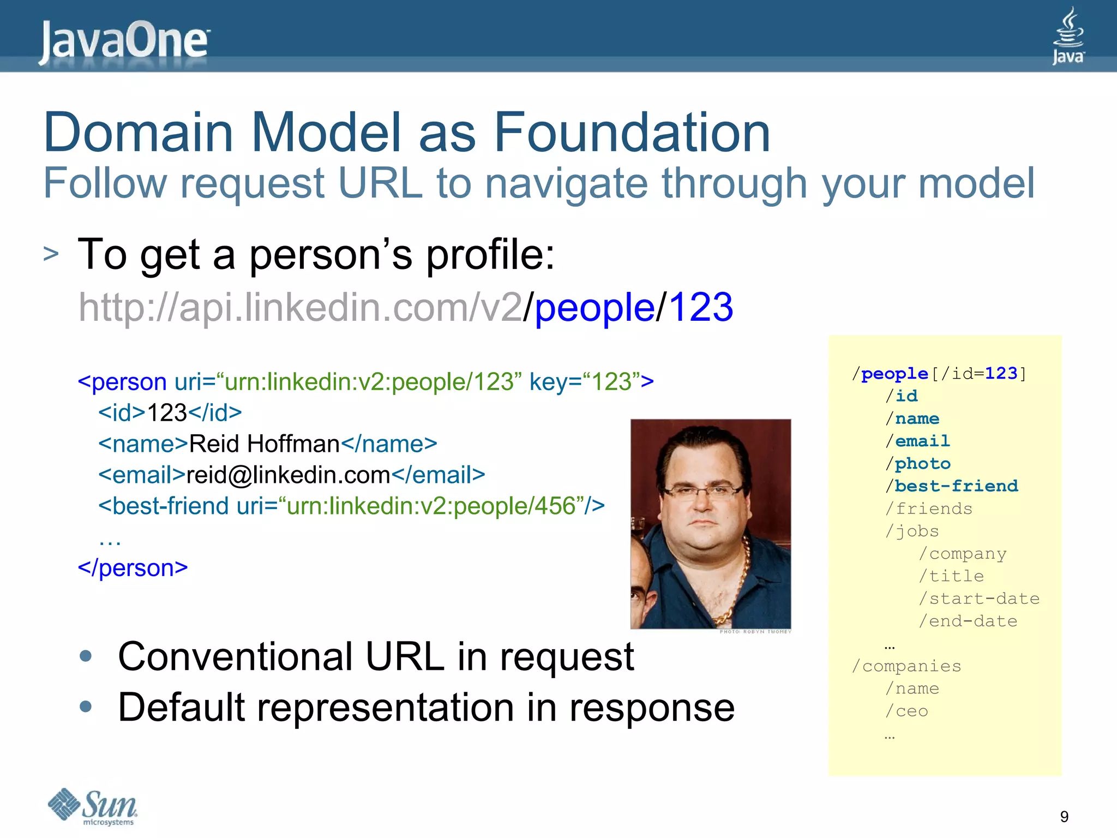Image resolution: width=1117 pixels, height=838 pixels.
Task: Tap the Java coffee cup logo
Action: pyautogui.click(x=1068, y=35)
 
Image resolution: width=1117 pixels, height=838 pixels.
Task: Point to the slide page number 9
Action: pyautogui.click(x=1064, y=816)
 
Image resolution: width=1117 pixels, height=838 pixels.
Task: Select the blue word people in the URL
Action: pyautogui.click(x=594, y=307)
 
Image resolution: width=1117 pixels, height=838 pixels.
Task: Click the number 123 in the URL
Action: pyautogui.click(x=700, y=307)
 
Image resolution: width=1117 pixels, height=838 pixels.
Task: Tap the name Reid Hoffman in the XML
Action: pyautogui.click(x=265, y=444)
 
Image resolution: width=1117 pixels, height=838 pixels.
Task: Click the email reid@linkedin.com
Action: pyautogui.click(x=289, y=475)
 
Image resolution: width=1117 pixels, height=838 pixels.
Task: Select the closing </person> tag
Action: pyautogui.click(x=133, y=568)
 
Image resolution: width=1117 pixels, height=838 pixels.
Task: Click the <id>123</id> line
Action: pyautogui.click(x=170, y=412)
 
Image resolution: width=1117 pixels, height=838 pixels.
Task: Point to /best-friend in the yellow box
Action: pyautogui.click(x=952, y=486)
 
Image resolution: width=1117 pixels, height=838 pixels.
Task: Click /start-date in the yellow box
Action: pyautogui.click(x=980, y=598)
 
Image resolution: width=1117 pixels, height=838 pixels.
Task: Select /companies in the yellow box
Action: pyautogui.click(x=906, y=666)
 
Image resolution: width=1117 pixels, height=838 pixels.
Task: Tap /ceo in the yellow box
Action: pyautogui.click(x=906, y=711)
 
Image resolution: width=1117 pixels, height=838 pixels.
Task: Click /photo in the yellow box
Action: pyautogui.click(x=918, y=463)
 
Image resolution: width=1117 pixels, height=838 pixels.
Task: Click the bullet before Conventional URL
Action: pyautogui.click(x=86, y=656)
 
